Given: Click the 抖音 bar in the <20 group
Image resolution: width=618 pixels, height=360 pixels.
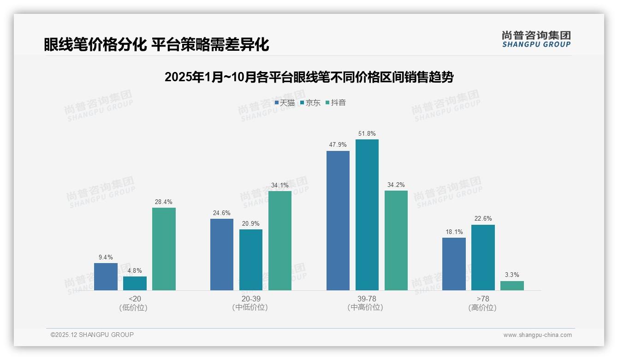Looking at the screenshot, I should click(x=164, y=249).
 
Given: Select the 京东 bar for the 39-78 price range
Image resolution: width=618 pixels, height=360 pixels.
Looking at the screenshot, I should click(x=367, y=215).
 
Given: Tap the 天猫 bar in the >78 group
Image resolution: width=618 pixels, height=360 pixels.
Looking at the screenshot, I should click(x=454, y=264).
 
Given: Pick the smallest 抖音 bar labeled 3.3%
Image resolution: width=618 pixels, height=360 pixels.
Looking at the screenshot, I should click(x=512, y=286).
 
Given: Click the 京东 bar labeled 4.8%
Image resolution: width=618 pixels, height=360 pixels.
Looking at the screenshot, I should click(x=135, y=283).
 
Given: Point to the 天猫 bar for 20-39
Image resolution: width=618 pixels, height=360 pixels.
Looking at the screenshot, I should click(x=222, y=254).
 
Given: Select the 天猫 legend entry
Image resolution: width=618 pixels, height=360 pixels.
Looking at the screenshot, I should click(x=285, y=103).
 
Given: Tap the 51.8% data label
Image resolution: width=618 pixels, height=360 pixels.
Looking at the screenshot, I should click(x=367, y=134).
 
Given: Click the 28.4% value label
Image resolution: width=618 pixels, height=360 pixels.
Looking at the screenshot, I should click(x=164, y=202).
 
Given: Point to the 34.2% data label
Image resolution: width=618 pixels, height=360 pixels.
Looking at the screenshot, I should click(x=396, y=185).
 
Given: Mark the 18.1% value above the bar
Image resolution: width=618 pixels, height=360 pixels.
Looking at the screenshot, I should click(x=454, y=232).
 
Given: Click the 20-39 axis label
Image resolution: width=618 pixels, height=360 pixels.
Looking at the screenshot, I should click(x=250, y=299).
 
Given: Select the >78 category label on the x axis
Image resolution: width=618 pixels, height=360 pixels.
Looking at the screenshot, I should click(x=483, y=299).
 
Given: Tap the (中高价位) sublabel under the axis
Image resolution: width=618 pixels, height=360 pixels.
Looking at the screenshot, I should click(x=366, y=307).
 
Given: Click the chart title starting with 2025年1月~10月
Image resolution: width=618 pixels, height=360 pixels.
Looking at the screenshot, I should click(x=309, y=77).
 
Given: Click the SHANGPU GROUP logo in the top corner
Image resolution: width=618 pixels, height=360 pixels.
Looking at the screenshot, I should click(x=536, y=39).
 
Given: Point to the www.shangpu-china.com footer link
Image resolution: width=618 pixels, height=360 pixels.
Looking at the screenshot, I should click(x=537, y=335).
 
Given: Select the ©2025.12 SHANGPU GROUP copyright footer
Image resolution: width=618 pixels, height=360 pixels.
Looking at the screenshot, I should click(x=92, y=335).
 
